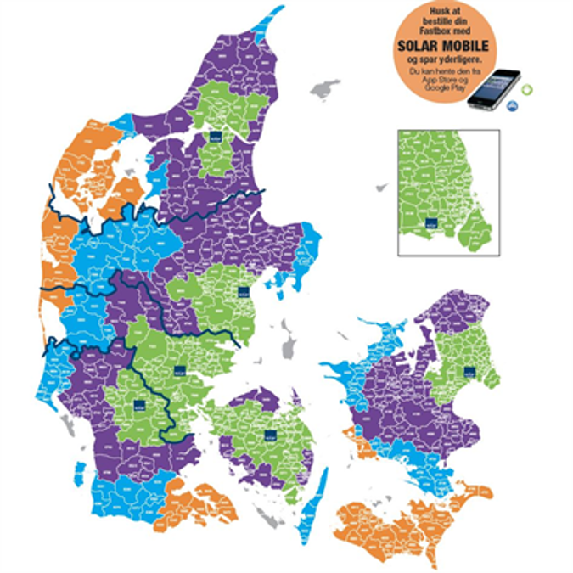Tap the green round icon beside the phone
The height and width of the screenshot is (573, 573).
tap(526, 89)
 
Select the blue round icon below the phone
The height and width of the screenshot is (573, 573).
tap(512, 106)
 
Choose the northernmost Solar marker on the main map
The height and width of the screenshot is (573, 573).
tap(211, 138)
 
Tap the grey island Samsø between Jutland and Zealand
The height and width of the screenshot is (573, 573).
tap(289, 346)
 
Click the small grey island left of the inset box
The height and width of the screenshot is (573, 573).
tap(383, 186)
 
